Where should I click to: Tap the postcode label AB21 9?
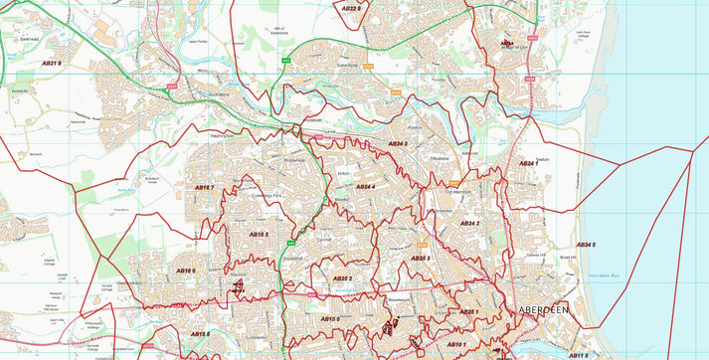(x=51, y=64)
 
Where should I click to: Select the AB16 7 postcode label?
(x=204, y=187)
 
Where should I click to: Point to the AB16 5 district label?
(x=259, y=235)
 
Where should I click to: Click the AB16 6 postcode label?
(x=186, y=270)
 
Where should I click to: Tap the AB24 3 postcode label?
(x=471, y=224)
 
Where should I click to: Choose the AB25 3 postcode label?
(x=421, y=258)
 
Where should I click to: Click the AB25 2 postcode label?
(x=343, y=279)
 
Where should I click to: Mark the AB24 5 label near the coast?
(x=587, y=245)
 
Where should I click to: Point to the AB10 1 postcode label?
(x=456, y=344)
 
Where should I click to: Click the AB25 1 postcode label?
(x=468, y=312)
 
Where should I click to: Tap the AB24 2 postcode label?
(x=398, y=144)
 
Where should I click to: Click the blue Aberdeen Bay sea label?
(x=604, y=275)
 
